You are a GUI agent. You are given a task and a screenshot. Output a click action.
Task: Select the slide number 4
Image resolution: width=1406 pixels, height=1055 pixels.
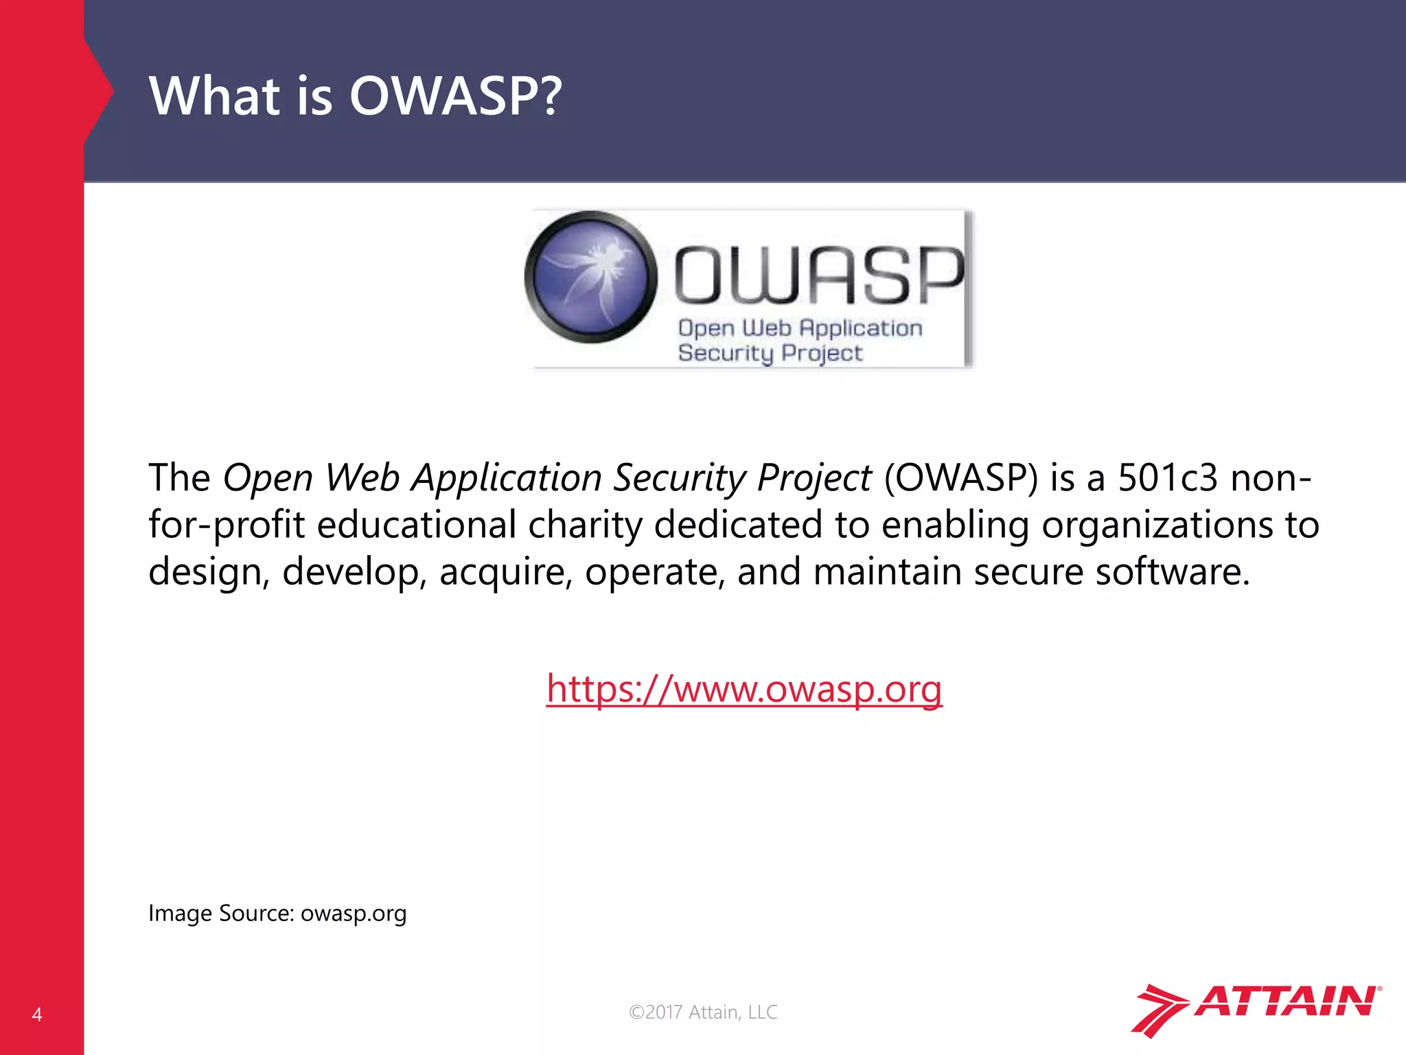tap(37, 1014)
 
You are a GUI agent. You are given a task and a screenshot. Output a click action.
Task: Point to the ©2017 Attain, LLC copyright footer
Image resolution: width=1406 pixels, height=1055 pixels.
tap(703, 1012)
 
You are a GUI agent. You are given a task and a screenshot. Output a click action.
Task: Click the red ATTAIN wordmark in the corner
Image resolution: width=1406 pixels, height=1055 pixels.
tap(1287, 1001)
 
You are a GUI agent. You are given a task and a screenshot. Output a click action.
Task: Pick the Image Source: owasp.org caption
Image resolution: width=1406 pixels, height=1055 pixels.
tap(277, 914)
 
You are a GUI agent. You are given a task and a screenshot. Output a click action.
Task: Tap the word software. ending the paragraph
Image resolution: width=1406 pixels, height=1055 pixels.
tap(1173, 571)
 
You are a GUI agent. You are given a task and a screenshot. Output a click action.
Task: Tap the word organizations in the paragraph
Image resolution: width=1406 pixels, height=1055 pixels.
tap(1157, 525)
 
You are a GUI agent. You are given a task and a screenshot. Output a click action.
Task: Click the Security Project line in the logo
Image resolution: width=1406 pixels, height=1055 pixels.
tap(770, 353)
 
